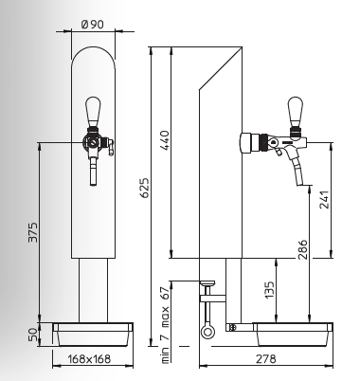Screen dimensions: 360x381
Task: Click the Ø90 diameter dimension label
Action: [92, 25]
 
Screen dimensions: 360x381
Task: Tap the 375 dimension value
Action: [33, 232]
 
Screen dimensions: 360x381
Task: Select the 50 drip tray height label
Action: [33, 335]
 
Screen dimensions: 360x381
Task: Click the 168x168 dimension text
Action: [89, 359]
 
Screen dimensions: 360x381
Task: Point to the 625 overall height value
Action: [144, 188]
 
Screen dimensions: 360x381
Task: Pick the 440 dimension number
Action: [165, 140]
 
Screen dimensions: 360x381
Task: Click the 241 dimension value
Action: [324, 199]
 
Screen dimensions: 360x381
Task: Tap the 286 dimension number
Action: [302, 249]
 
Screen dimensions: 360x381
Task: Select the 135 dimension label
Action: [269, 290]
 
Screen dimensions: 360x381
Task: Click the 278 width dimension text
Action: [265, 359]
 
